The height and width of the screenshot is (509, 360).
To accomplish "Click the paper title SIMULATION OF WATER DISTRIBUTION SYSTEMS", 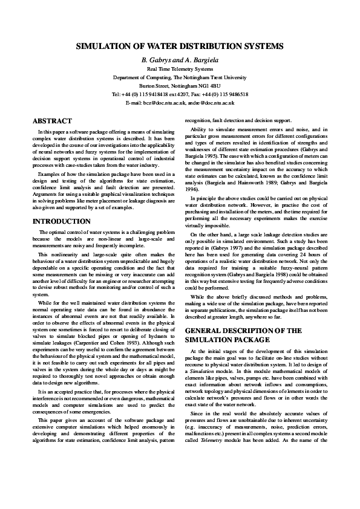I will (180, 47).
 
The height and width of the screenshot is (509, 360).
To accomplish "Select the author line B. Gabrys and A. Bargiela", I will (180, 60).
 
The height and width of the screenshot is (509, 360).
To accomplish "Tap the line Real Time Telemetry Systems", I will (180, 70).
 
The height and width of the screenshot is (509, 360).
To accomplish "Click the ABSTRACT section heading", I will (52, 121).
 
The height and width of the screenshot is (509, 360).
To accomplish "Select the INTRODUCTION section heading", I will (61, 221).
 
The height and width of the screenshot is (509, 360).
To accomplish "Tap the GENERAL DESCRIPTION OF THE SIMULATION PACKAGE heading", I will (243, 335).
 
